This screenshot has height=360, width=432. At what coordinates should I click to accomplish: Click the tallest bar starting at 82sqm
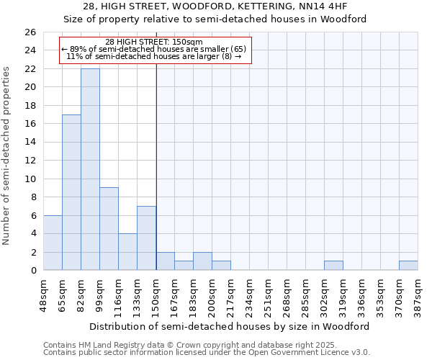90,169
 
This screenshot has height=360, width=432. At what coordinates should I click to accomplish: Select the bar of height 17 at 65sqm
71,192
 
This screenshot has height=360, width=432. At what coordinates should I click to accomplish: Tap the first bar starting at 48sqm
53,243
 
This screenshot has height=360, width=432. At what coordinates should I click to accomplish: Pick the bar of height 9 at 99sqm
109,229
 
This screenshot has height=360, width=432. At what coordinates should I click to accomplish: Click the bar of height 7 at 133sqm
146,238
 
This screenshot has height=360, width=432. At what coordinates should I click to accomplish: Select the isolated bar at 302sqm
333,266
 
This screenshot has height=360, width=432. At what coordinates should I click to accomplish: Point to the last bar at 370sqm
408,266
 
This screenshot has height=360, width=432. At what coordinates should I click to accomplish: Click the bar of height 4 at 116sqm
127,252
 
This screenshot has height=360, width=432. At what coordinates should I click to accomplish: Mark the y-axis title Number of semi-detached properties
7,156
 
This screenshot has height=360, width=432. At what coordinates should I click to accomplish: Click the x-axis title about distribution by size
230,326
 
